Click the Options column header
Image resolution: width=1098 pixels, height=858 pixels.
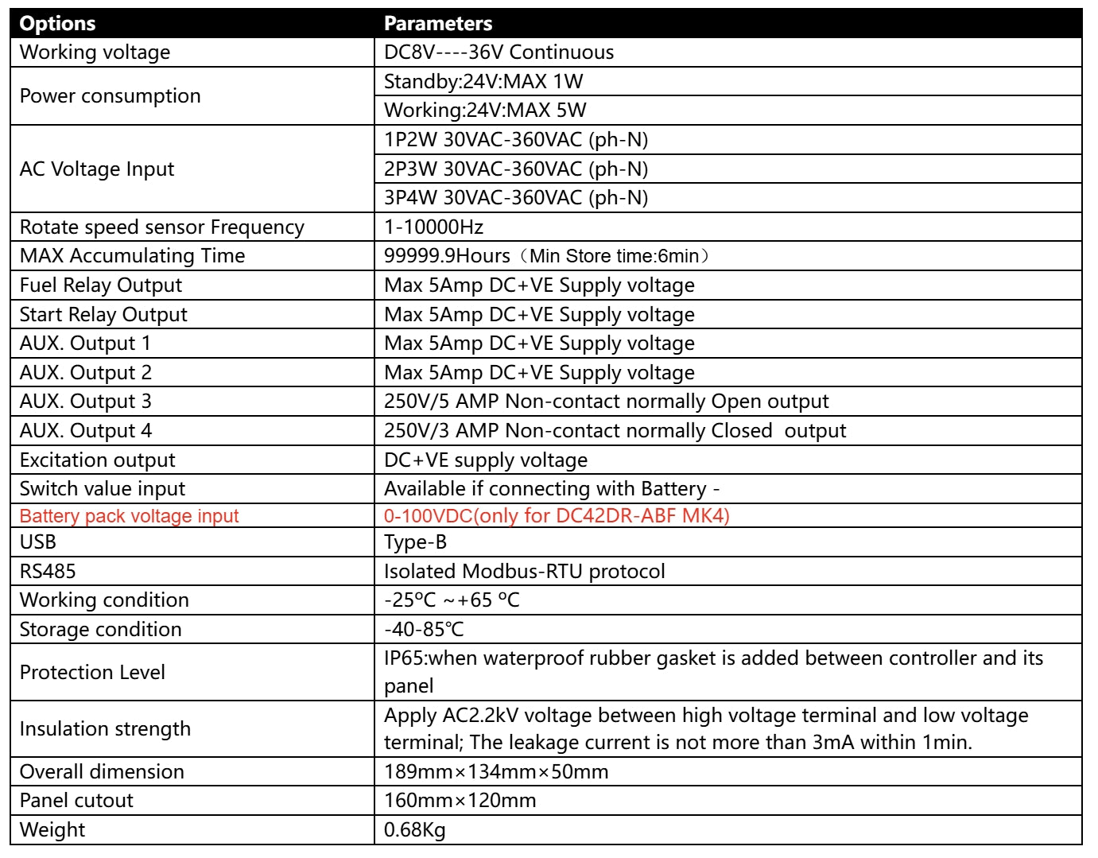[x=57, y=24]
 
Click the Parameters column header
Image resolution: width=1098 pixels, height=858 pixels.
[x=438, y=24]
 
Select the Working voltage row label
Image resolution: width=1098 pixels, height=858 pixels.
[x=95, y=52]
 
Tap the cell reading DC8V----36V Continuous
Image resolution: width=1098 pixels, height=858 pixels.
[x=499, y=52]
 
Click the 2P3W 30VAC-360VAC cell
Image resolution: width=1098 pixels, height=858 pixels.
[x=516, y=169]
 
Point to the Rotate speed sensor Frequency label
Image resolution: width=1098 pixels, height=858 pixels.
[x=161, y=227]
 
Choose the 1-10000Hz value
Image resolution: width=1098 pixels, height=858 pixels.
[x=433, y=227]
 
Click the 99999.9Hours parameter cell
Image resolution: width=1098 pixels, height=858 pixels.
[x=546, y=256]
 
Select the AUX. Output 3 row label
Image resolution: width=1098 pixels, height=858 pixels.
[x=85, y=402]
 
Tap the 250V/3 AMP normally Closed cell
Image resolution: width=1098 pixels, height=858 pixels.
[x=615, y=431]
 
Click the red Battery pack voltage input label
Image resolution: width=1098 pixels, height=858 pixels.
[x=129, y=516]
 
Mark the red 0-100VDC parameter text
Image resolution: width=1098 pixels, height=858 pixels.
[x=557, y=516]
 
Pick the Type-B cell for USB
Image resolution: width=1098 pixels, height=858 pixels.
[x=415, y=542]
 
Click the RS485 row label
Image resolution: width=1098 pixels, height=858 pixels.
[x=48, y=572]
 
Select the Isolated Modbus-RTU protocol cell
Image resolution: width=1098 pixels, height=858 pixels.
[x=524, y=572]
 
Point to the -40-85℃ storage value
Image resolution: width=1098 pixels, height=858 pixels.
[x=424, y=630]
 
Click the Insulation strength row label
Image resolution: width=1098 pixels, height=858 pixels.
[x=105, y=729]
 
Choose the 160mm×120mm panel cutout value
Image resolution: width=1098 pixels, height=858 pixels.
[x=460, y=801]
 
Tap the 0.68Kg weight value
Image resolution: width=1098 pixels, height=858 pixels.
[x=414, y=830]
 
